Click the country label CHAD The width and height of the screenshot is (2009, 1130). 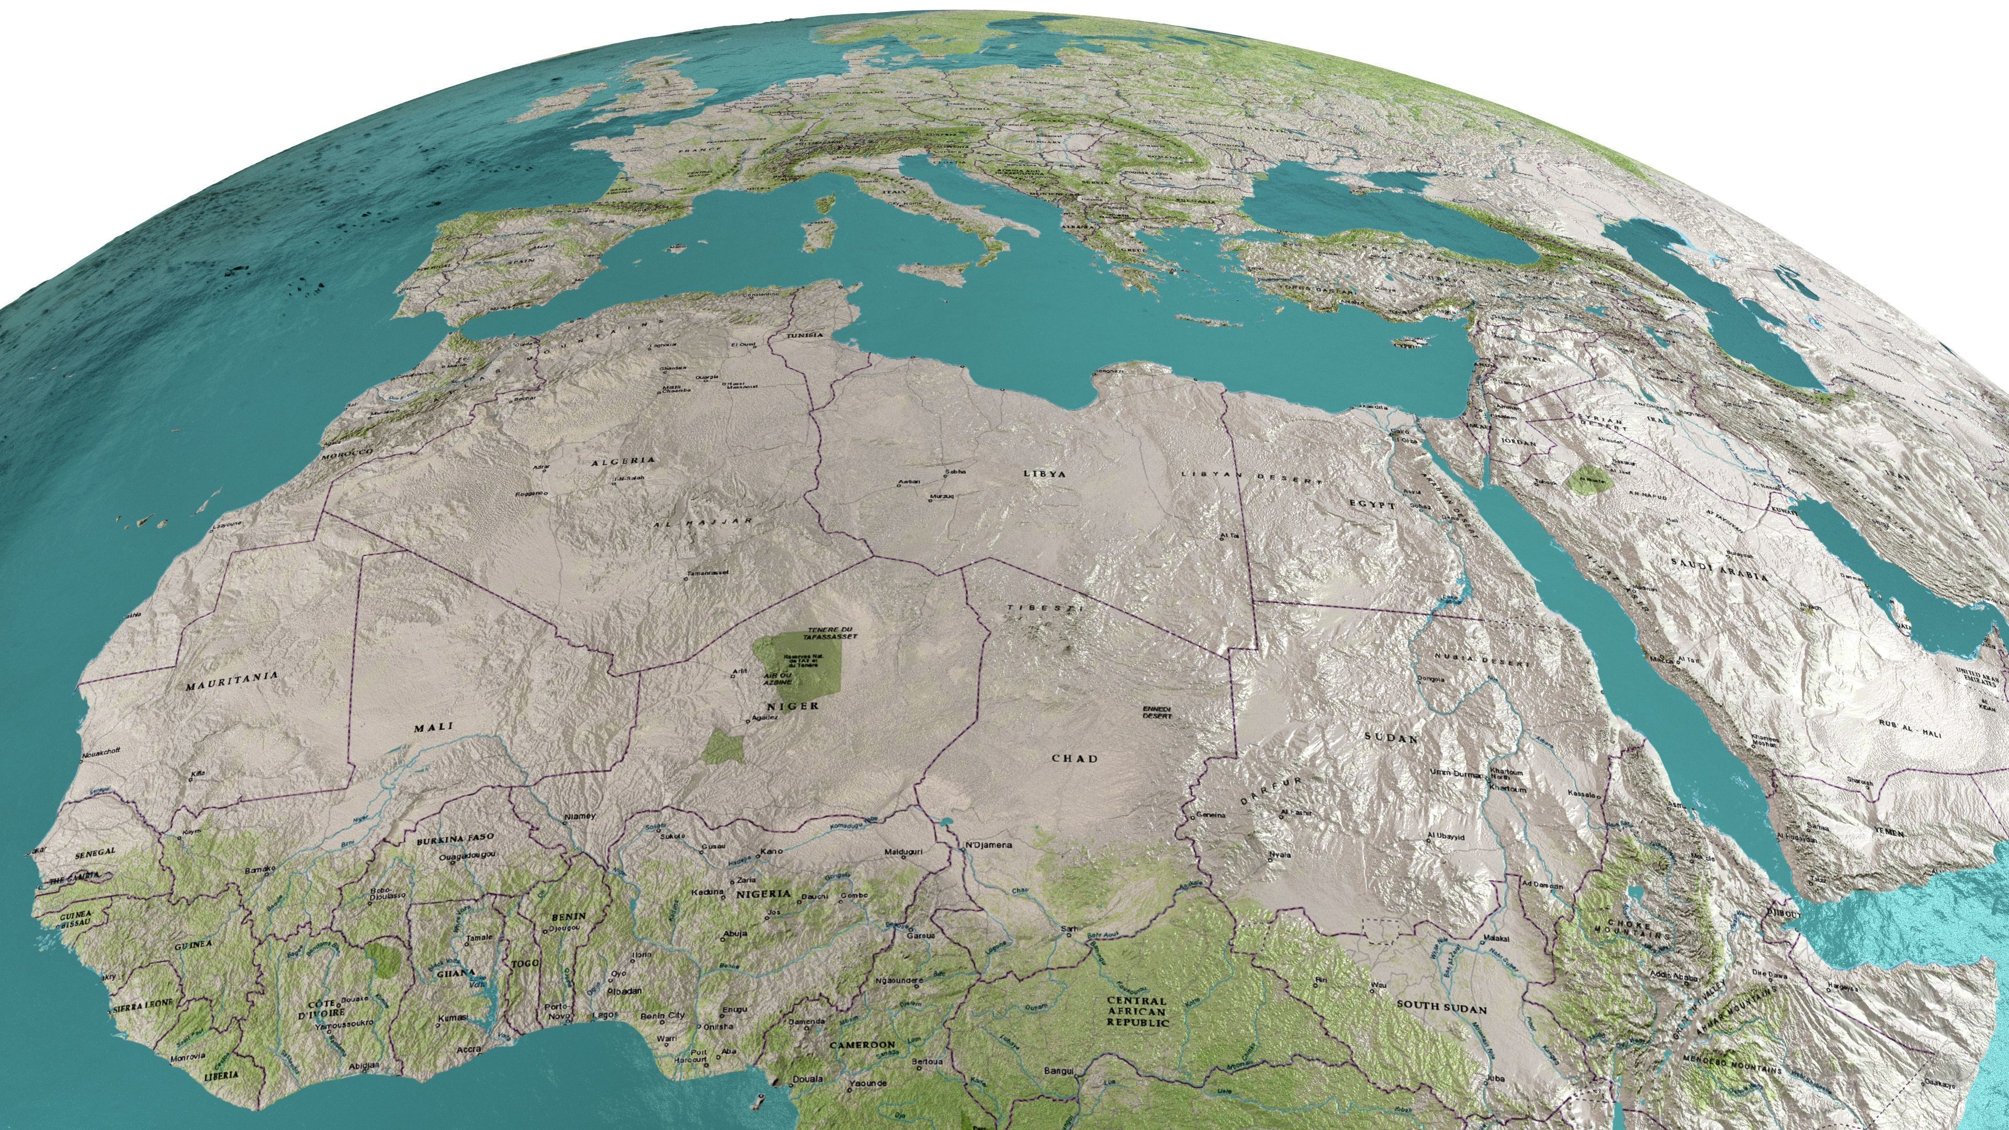click(x=1075, y=758)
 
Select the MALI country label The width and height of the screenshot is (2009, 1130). click(x=434, y=728)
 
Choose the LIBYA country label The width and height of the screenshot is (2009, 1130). click(x=1044, y=473)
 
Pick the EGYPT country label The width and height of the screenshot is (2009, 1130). click(x=1372, y=505)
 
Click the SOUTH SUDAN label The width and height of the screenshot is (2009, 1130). click(x=1441, y=1008)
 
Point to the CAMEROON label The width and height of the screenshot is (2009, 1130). click(x=862, y=1044)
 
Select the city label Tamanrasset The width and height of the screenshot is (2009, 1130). click(x=707, y=573)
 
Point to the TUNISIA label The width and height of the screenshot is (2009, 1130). click(x=804, y=335)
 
